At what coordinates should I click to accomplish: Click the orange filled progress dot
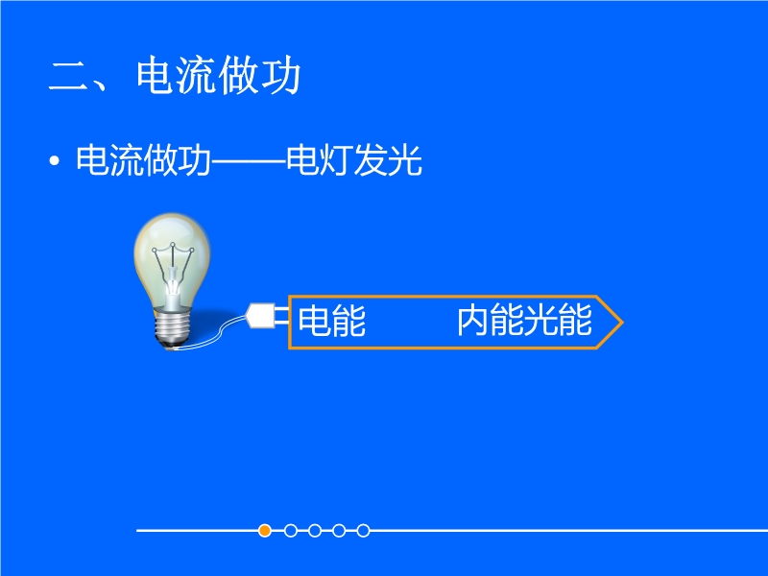[x=265, y=531]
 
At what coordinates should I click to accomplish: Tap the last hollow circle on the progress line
[x=363, y=531]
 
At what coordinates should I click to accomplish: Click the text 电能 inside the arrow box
[x=331, y=321]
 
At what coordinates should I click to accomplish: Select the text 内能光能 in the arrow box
[x=524, y=321]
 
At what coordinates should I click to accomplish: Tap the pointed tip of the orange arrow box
[x=622, y=323]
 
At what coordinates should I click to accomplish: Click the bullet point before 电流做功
[x=55, y=160]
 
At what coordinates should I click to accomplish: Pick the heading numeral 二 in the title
[x=67, y=77]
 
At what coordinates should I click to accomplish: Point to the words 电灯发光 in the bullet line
[x=354, y=159]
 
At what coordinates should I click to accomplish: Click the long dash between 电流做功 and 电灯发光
[x=249, y=160]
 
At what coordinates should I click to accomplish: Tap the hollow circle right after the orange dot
[x=291, y=531]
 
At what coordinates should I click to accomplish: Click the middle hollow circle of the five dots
[x=315, y=531]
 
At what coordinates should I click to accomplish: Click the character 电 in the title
[x=156, y=75]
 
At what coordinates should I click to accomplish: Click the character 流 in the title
[x=197, y=75]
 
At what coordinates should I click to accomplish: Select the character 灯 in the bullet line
[x=337, y=159]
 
